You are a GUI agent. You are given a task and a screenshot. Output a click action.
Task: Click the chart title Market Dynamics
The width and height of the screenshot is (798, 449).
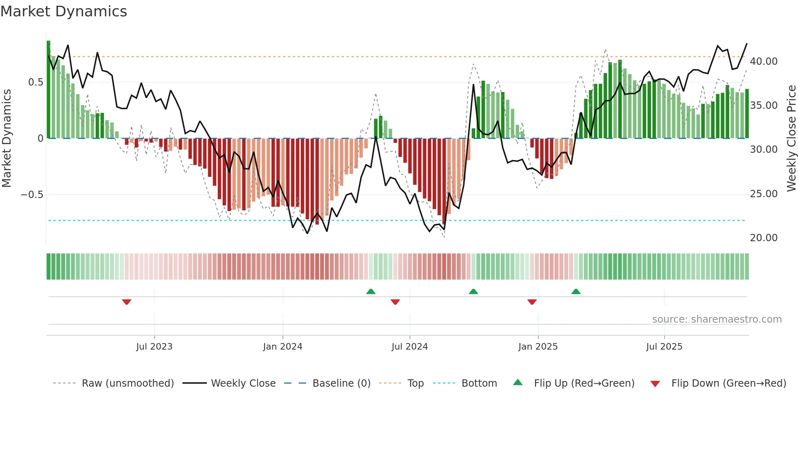tap(64, 11)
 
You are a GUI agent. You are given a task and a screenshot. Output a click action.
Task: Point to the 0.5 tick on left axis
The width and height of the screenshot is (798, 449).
tap(35, 82)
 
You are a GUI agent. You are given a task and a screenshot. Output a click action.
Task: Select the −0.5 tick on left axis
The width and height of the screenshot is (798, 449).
tap(32, 194)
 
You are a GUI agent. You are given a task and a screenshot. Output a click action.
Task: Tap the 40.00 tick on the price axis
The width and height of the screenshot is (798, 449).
tap(763, 62)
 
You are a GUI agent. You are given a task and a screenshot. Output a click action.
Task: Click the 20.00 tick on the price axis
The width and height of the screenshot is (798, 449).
tap(763, 238)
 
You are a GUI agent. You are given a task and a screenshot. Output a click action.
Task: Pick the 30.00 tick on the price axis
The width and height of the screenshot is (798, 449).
tap(763, 150)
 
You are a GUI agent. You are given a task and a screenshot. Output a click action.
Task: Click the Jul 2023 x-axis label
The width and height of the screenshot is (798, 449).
tap(154, 347)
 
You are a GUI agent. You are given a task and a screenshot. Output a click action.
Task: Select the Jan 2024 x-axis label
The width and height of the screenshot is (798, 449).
tap(283, 347)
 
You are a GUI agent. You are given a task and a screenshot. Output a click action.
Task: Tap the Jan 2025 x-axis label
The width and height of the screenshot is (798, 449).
tap(538, 347)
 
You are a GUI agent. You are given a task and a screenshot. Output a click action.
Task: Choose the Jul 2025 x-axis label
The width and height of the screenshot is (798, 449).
tap(664, 347)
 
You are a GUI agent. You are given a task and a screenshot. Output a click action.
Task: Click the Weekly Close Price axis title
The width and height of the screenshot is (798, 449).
tap(791, 139)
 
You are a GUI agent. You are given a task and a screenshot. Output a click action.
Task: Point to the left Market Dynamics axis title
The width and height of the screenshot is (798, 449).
tap(7, 139)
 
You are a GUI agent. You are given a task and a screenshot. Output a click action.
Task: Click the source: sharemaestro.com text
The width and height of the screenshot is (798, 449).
tap(717, 319)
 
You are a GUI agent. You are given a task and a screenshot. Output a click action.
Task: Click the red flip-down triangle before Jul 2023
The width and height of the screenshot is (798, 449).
tap(127, 302)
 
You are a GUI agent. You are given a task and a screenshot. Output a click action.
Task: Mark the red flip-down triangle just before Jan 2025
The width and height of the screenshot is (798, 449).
tap(532, 302)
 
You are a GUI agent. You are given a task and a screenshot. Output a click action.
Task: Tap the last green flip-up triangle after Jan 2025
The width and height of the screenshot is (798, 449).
tap(576, 292)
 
